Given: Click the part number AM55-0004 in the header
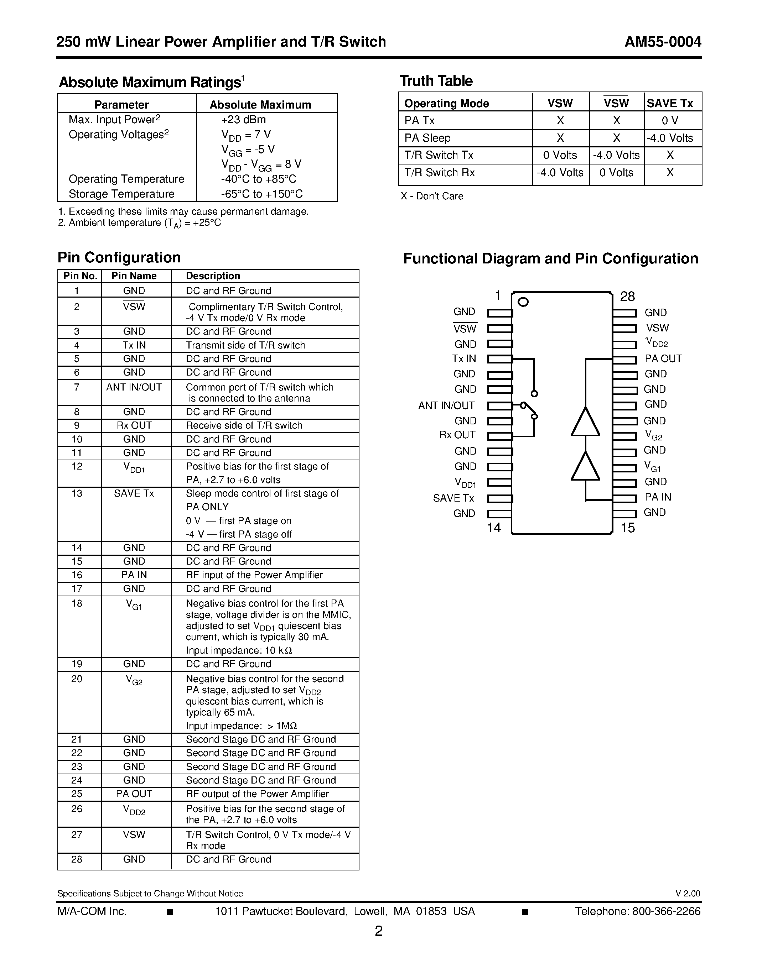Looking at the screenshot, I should pyautogui.click(x=663, y=42).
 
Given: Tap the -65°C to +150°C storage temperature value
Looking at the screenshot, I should pyautogui.click(x=261, y=194).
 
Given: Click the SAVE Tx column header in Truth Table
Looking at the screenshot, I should pyautogui.click(x=670, y=103).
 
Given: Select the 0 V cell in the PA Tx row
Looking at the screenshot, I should pyautogui.click(x=670, y=121).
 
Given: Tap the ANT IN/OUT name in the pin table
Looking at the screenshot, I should pyautogui.click(x=134, y=387).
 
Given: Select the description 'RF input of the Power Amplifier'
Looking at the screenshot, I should pyautogui.click(x=254, y=575).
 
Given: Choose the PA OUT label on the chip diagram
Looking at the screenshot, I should pyautogui.click(x=663, y=358).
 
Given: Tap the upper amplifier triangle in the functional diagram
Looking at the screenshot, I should pyautogui.click(x=585, y=422).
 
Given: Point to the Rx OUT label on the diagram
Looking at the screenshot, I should pyautogui.click(x=457, y=435).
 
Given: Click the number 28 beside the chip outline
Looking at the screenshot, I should pyautogui.click(x=627, y=296).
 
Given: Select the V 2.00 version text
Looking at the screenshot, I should pyautogui.click(x=688, y=894).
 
